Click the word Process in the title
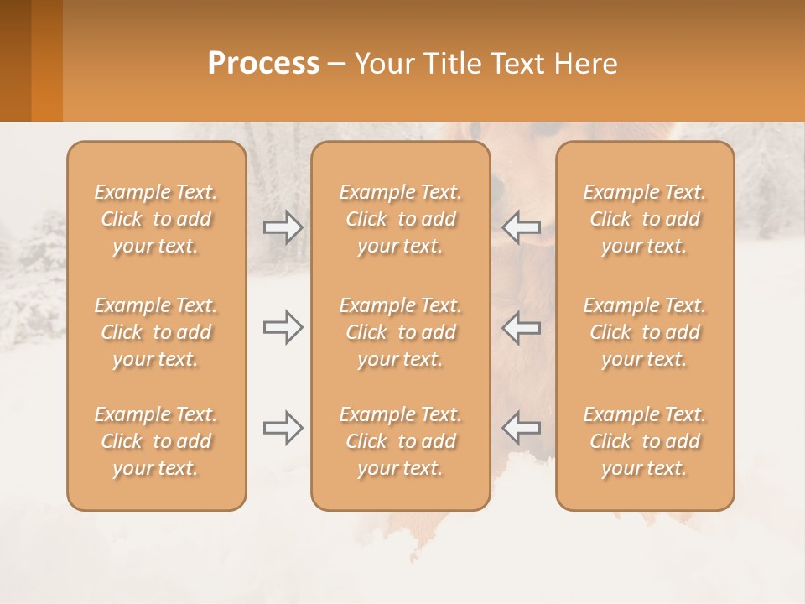263,63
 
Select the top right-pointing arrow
283,227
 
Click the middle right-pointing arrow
283,327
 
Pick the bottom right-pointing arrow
283,428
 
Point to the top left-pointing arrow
521,227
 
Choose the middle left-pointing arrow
521,327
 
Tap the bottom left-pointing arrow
521,428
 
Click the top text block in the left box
156,219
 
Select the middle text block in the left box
156,332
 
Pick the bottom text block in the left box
156,441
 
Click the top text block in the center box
401,219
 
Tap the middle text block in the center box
401,332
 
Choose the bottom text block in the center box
401,441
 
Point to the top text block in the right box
645,219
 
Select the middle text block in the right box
645,332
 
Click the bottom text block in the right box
645,441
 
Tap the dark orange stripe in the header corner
15,60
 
